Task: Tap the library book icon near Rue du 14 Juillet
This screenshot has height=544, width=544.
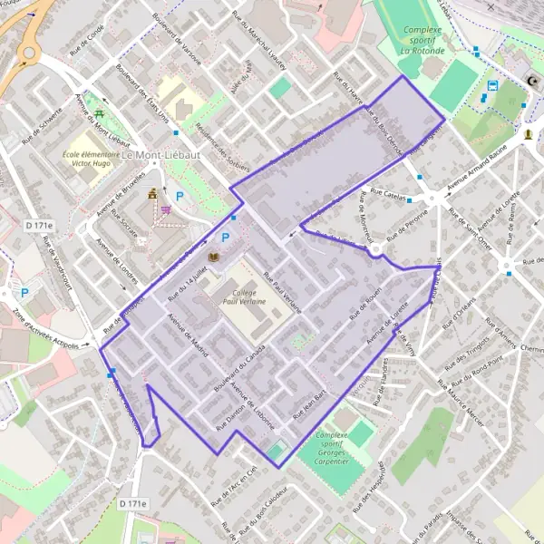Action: (214, 258)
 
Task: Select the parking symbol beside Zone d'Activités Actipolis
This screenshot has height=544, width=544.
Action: (25, 293)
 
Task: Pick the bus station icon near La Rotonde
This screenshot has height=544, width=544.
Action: (491, 87)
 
